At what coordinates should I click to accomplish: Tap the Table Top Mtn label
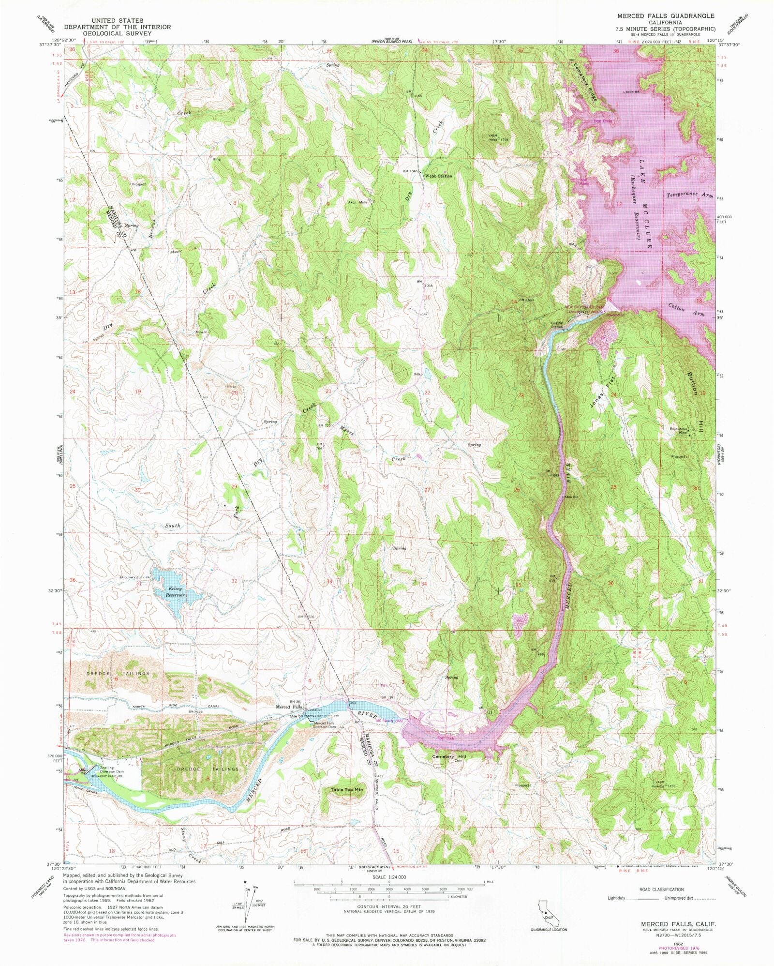tap(346, 790)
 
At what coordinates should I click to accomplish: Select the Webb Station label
tap(438, 176)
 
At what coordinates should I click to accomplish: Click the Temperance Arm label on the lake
tap(689, 195)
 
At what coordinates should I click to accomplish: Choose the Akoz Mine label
tap(358, 202)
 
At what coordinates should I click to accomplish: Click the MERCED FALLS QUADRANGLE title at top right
tap(666, 16)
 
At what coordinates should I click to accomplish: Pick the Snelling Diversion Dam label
tap(112, 770)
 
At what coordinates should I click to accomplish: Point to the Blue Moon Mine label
tap(678, 430)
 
